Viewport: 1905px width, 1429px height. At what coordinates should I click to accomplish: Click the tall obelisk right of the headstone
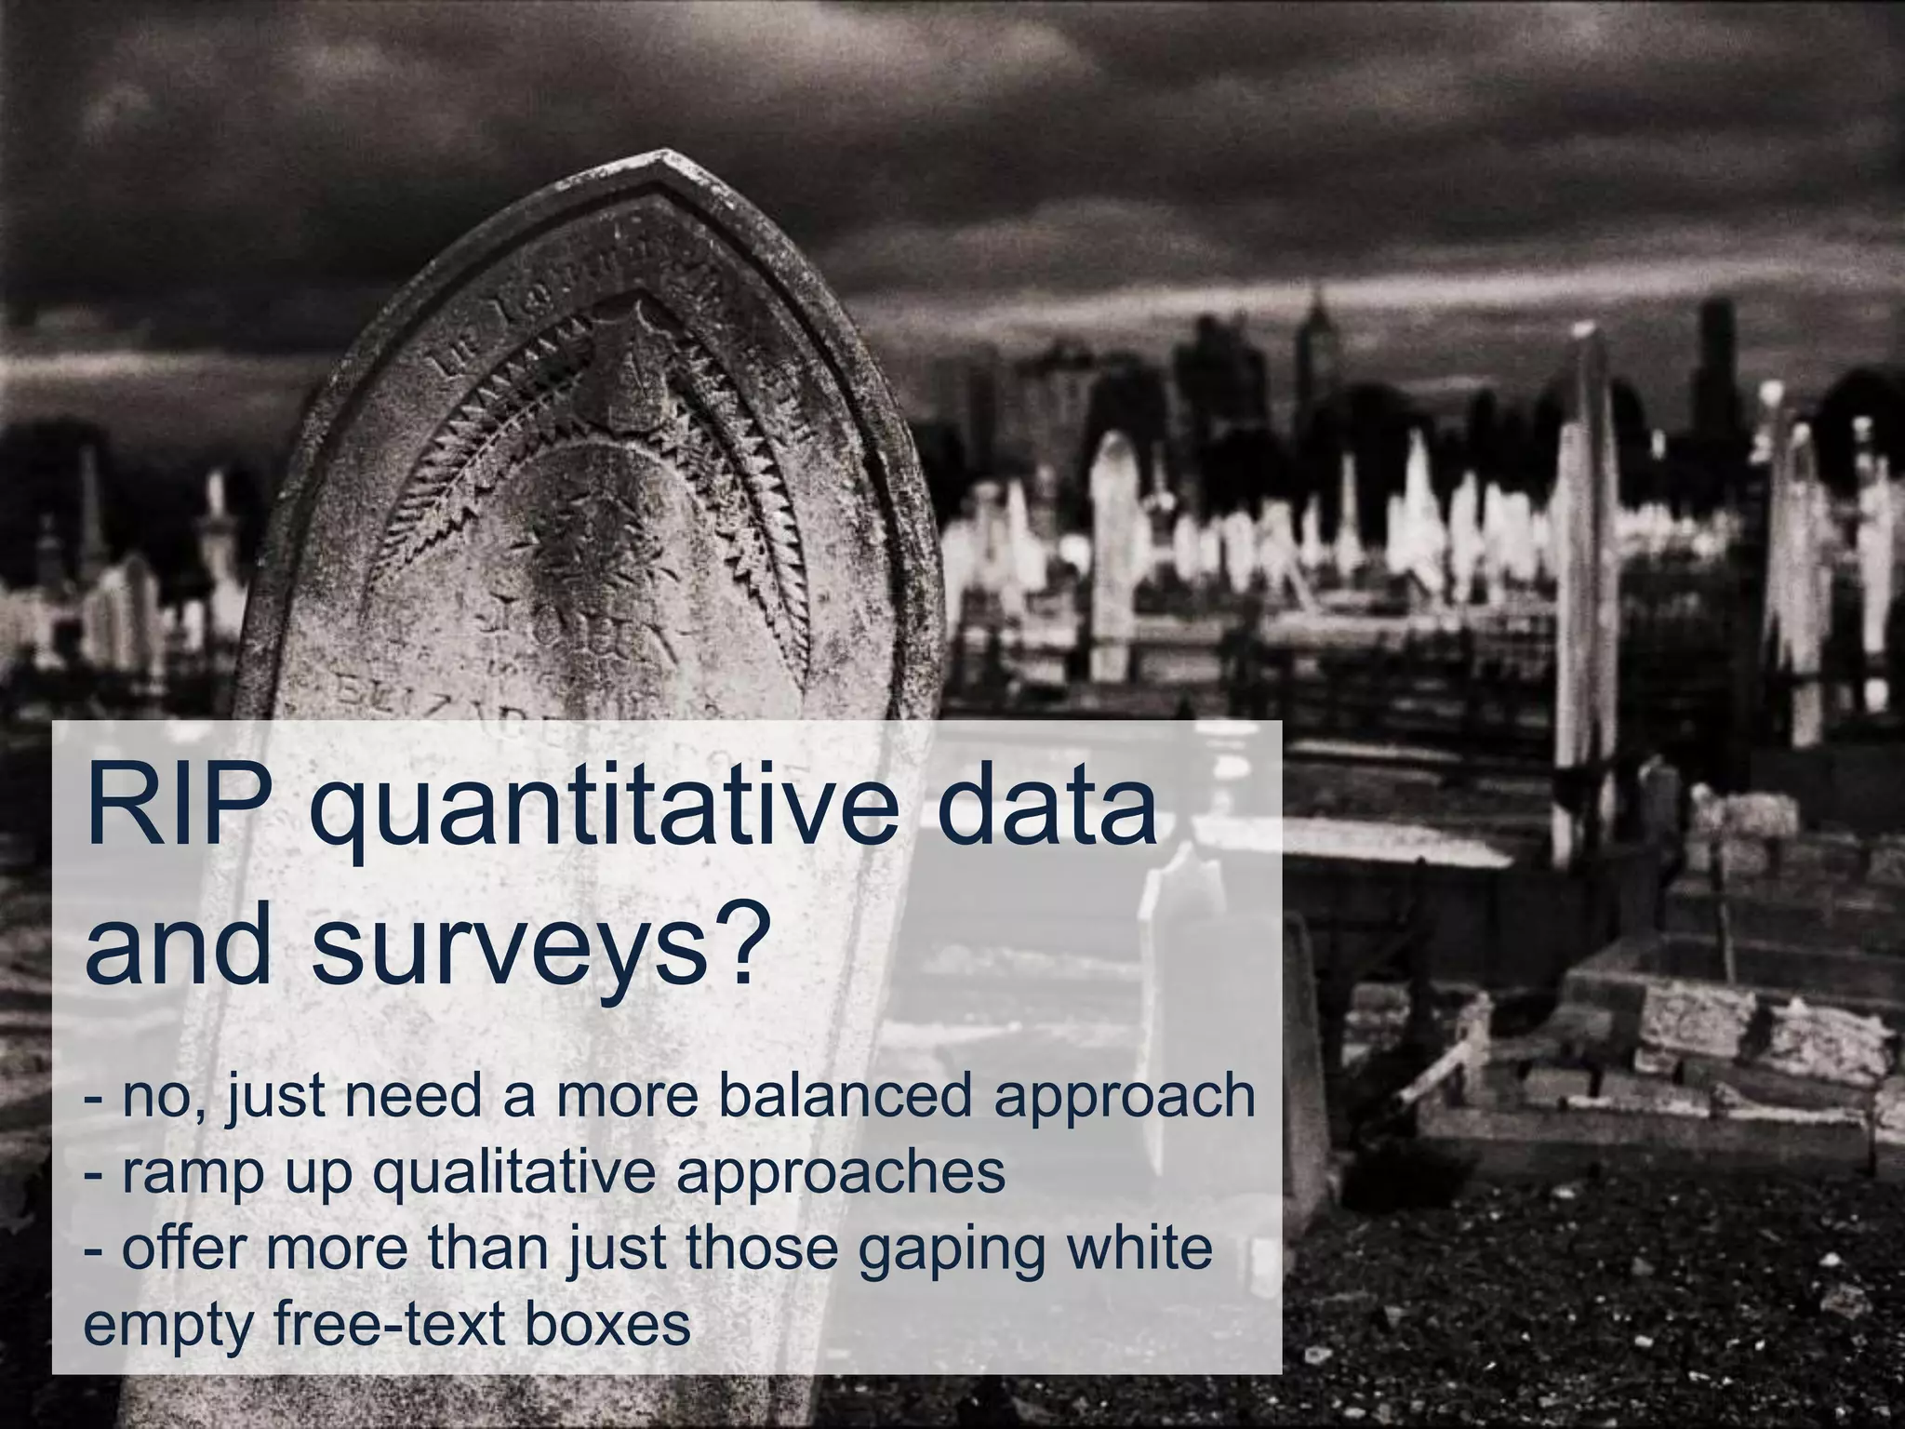click(x=1583, y=577)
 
